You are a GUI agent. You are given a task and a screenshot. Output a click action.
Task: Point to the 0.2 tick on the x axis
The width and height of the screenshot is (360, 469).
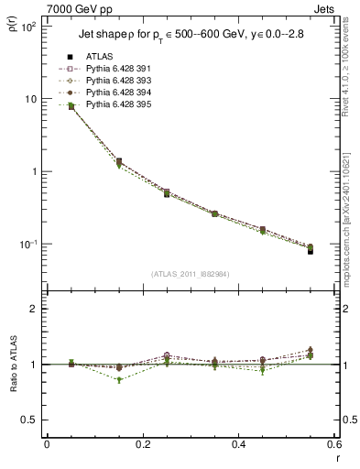coord(141,446)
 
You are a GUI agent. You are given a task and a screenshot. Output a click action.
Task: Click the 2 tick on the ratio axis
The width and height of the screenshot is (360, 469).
coord(35,310)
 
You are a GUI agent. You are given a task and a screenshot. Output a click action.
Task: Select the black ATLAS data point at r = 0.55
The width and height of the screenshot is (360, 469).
coord(311,251)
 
